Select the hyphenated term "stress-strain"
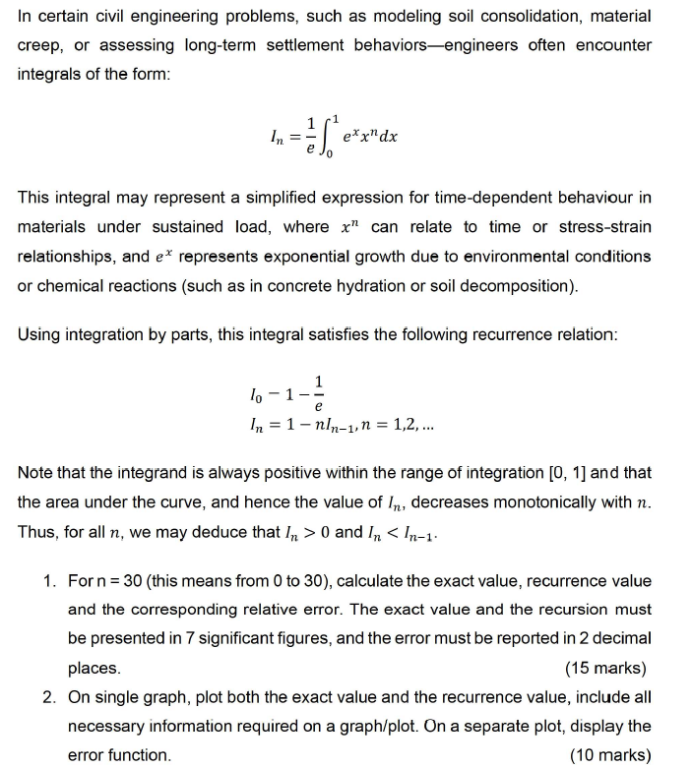606,227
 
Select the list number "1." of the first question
50,580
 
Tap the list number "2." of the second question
50,697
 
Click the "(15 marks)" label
605,669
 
